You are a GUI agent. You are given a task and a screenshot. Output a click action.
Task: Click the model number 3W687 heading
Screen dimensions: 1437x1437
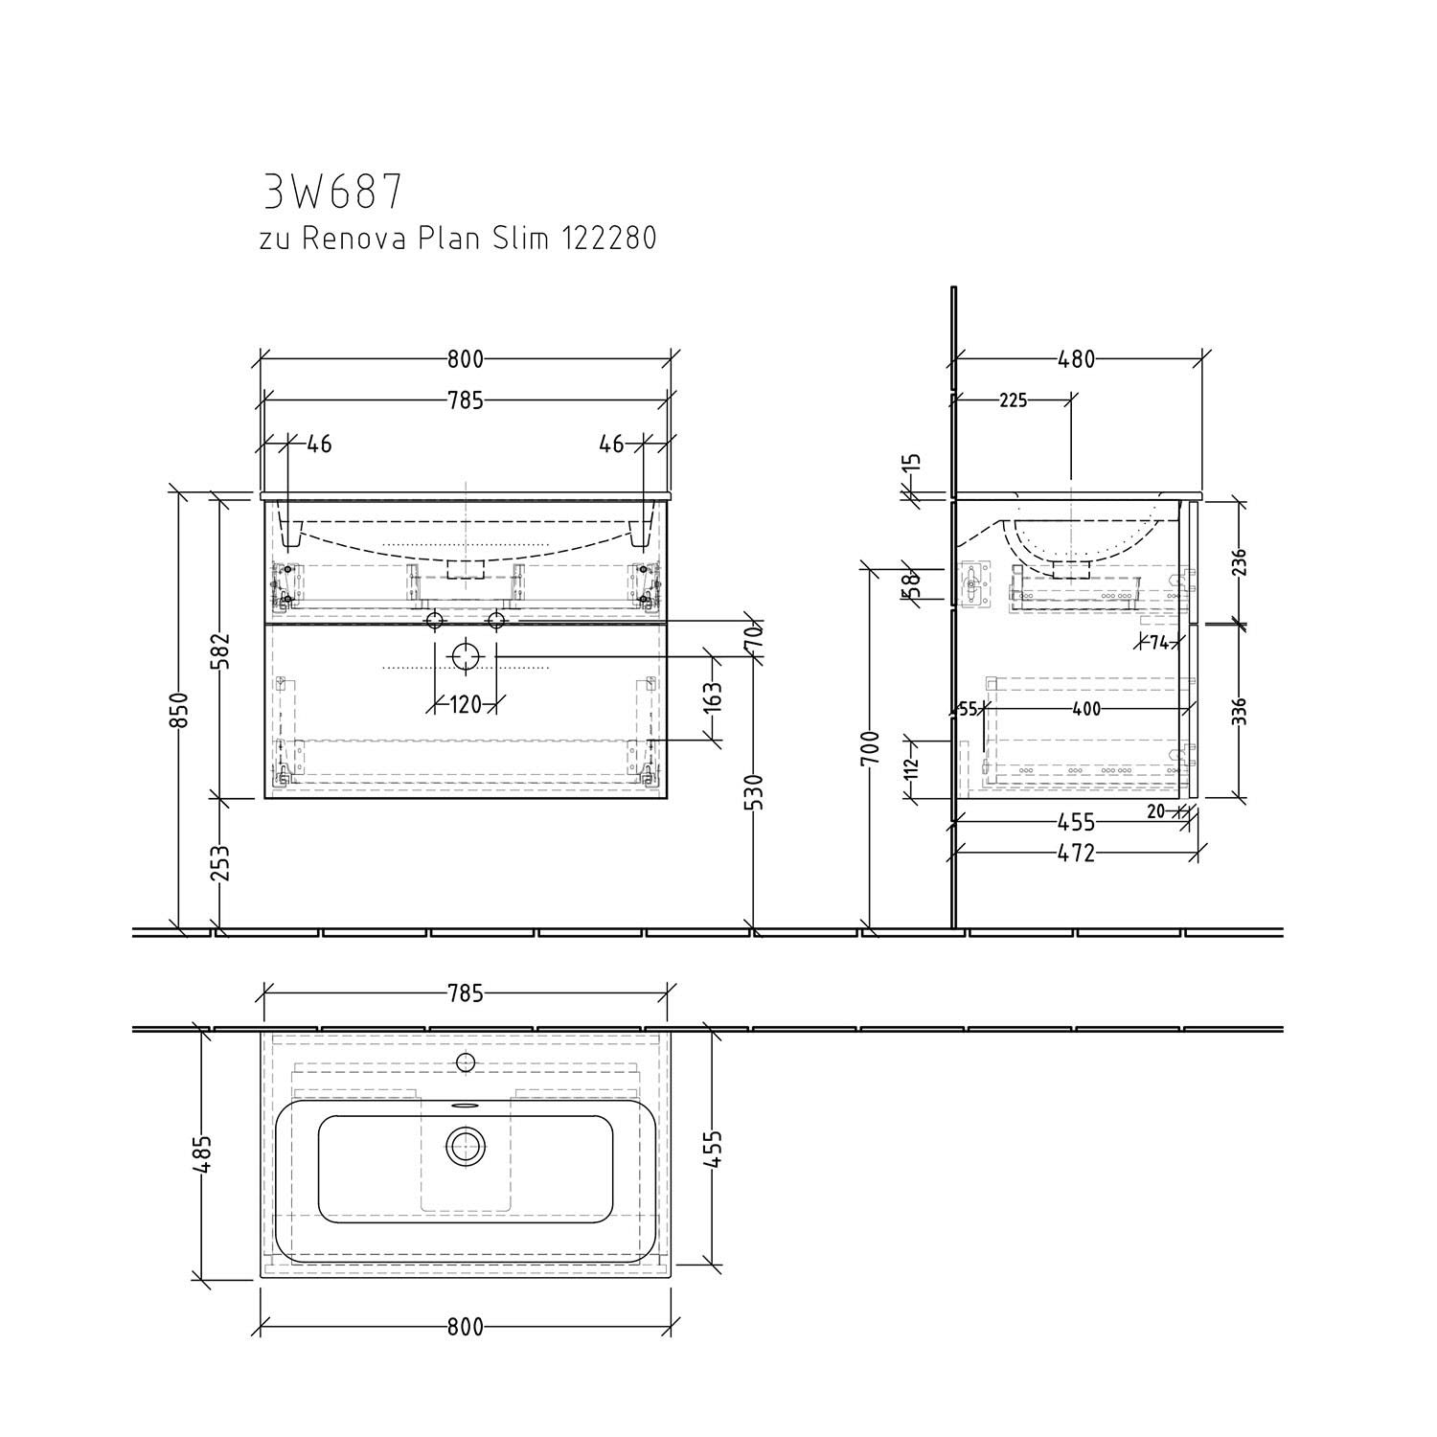332,192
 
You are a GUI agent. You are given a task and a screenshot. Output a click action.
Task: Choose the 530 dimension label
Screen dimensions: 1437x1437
757,793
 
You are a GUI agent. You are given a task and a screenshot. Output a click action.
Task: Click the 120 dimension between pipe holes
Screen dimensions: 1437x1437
465,706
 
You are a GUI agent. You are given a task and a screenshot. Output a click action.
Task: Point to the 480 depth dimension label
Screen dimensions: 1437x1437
1076,359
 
